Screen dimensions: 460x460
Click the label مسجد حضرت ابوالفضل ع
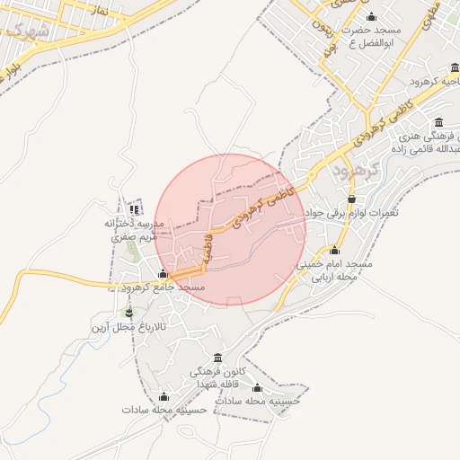pyautogui.click(x=373, y=37)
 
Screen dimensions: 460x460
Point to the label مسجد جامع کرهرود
pyautogui.click(x=164, y=287)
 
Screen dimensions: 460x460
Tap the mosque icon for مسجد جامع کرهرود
pyautogui.click(x=163, y=274)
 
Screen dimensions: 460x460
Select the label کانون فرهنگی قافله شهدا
pyautogui.click(x=217, y=377)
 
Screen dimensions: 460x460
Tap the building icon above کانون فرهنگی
pyautogui.click(x=217, y=357)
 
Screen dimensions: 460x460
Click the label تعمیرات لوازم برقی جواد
pyautogui.click(x=351, y=213)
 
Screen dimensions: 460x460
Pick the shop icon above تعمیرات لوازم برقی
pyautogui.click(x=350, y=199)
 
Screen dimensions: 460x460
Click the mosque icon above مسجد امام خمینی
pyautogui.click(x=335, y=251)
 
